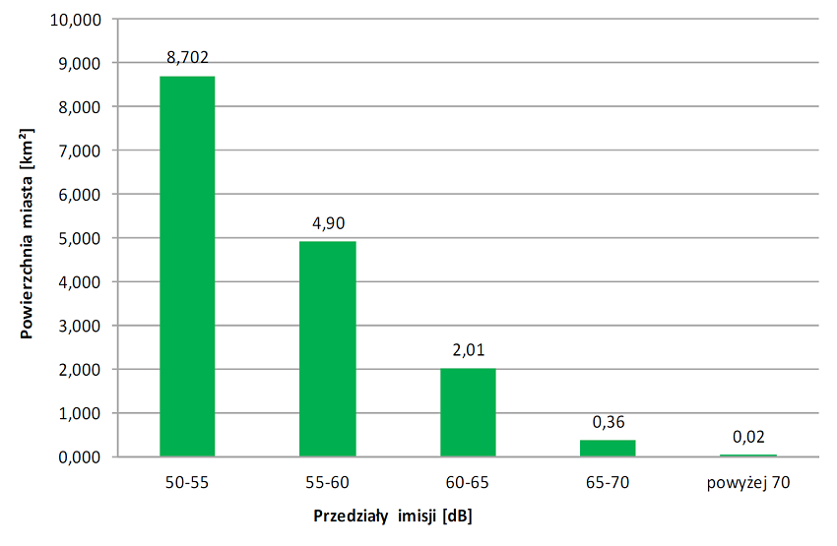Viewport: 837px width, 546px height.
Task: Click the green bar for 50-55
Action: click(x=187, y=266)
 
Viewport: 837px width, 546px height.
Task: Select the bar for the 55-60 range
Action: click(x=327, y=348)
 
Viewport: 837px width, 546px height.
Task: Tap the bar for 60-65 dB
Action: click(x=468, y=412)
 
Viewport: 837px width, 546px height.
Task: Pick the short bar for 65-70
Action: click(x=608, y=448)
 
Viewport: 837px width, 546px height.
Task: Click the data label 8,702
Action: click(x=187, y=57)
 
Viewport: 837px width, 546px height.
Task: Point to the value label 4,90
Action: click(x=327, y=222)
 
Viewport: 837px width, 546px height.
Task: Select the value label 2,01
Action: click(x=468, y=349)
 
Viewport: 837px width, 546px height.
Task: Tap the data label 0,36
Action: click(x=608, y=421)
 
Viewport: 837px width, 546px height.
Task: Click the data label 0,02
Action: click(x=748, y=436)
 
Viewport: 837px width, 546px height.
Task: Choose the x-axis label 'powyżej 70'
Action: click(x=748, y=482)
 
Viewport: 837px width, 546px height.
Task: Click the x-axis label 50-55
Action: click(x=187, y=482)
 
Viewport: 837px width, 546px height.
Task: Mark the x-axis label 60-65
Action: click(x=468, y=482)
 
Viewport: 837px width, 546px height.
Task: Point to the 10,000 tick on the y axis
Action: click(x=78, y=19)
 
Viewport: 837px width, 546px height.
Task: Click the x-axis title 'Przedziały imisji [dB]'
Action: click(x=394, y=516)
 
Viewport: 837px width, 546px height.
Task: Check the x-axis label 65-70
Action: click(x=608, y=482)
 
